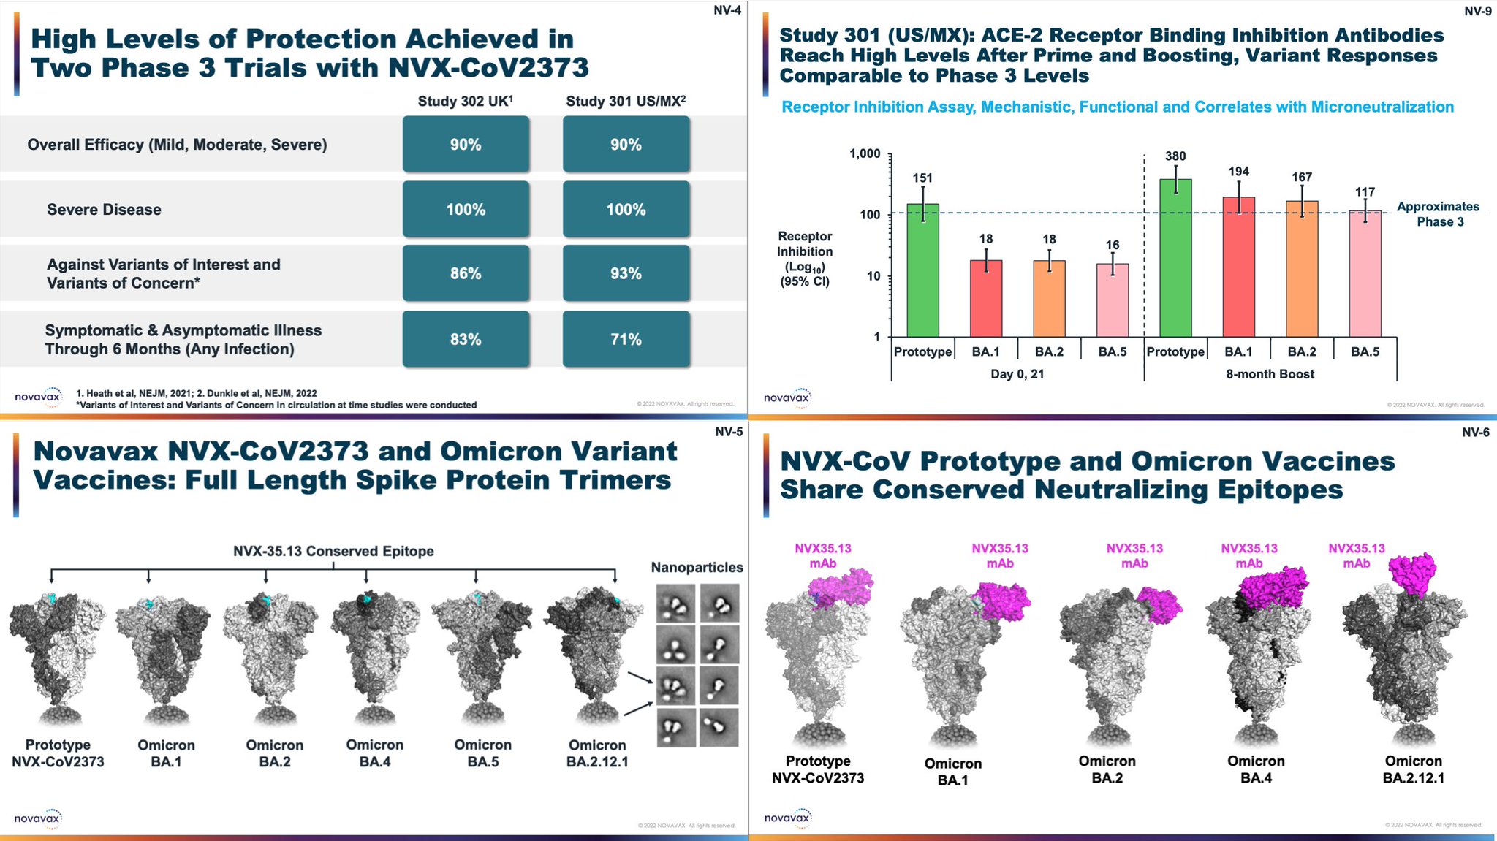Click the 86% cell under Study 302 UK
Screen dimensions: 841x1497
click(x=466, y=273)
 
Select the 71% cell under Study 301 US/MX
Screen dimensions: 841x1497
click(x=626, y=339)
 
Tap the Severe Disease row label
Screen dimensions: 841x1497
click(x=104, y=210)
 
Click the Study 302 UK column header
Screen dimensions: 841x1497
click(x=465, y=101)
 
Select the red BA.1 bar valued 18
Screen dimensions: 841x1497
click(x=986, y=298)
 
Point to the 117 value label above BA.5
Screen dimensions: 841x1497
click(x=1365, y=192)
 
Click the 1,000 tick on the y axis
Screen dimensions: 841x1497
click(x=865, y=153)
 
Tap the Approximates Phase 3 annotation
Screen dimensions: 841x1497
click(x=1438, y=214)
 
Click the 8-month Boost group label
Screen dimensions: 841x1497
click(x=1270, y=374)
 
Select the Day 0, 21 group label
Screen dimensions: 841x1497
click(x=1017, y=374)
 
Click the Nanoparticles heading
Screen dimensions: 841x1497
click(x=697, y=567)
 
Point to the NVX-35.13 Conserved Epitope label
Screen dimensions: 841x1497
click(x=333, y=551)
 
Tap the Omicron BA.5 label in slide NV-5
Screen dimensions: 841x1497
click(x=482, y=753)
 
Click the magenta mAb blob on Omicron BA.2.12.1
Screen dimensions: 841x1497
click(x=1411, y=573)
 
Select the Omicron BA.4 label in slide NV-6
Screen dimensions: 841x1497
click(x=1255, y=769)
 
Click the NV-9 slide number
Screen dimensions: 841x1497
click(x=1477, y=11)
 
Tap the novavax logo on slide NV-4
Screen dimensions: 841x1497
click(x=38, y=397)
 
